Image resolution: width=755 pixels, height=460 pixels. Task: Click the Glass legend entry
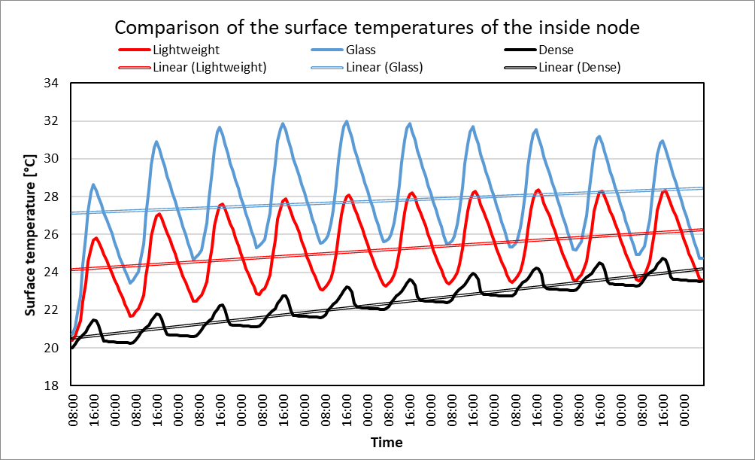pyautogui.click(x=361, y=50)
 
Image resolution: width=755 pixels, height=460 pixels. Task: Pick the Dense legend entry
pyautogui.click(x=556, y=50)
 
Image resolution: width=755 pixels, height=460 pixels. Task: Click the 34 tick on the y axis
pyautogui.click(x=52, y=84)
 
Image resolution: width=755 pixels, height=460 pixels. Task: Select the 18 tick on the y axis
pyautogui.click(x=52, y=386)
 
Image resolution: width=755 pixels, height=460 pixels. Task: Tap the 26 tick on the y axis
pyautogui.click(x=52, y=235)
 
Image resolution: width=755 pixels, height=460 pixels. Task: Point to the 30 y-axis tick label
pyautogui.click(x=52, y=159)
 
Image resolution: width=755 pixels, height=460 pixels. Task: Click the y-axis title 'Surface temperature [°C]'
pyautogui.click(x=31, y=233)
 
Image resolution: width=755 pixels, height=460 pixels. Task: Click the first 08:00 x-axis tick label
pyautogui.click(x=74, y=410)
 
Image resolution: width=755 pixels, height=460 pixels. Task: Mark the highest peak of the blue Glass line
pyautogui.click(x=347, y=121)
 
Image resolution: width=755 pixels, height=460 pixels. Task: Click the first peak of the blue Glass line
pyautogui.click(x=93, y=184)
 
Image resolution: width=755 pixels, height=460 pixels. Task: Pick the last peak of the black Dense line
pyautogui.click(x=663, y=258)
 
